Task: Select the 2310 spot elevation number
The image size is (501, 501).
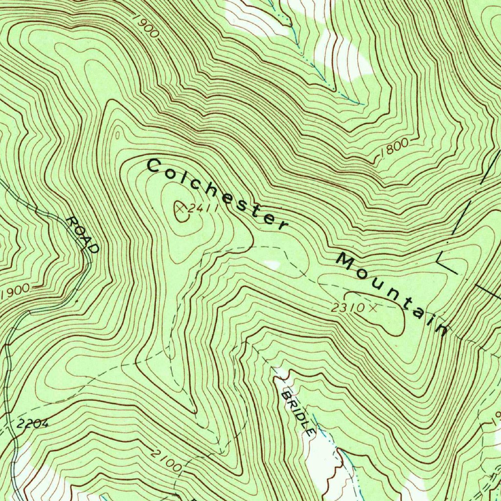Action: tap(347, 308)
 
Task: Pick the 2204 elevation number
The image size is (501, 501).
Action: tap(32, 424)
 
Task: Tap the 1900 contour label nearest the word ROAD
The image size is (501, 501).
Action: tap(16, 292)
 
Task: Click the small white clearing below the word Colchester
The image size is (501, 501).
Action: tap(272, 265)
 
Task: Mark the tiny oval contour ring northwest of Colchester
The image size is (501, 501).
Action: tap(117, 135)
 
